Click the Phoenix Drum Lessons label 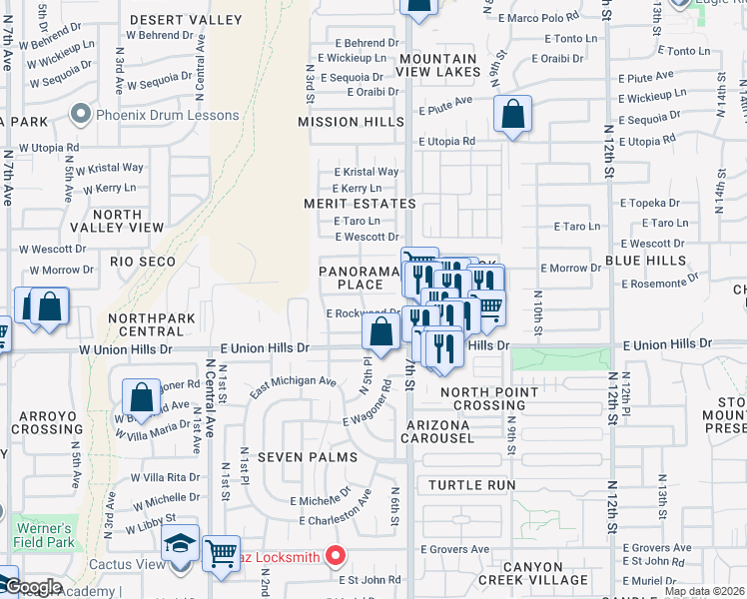pyautogui.click(x=167, y=115)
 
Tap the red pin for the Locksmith pyautogui.click(x=337, y=556)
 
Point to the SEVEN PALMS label pyautogui.click(x=301, y=456)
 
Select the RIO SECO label pyautogui.click(x=143, y=262)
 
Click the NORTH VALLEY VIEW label pyautogui.click(x=128, y=221)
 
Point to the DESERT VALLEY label pyautogui.click(x=186, y=20)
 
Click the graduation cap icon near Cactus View pyautogui.click(x=181, y=544)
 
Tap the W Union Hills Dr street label pyautogui.click(x=126, y=350)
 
